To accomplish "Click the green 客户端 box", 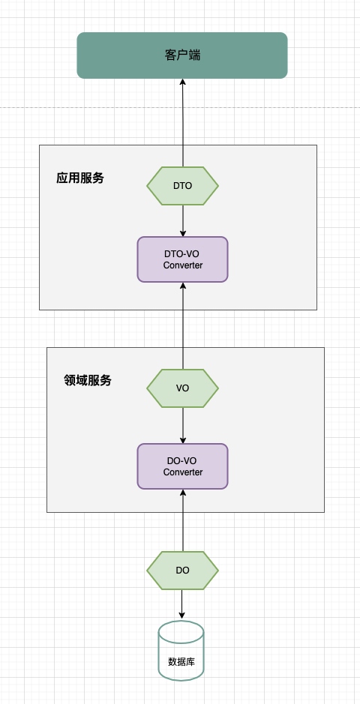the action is click(181, 55).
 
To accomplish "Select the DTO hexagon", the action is click(182, 186).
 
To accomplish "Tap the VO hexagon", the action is click(182, 388).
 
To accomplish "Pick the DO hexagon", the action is click(182, 571).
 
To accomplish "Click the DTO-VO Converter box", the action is click(183, 259).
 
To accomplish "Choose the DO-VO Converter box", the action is click(183, 466).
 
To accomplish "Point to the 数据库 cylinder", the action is click(181, 651).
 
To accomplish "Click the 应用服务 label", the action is click(80, 178).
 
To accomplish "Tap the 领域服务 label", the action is click(88, 381).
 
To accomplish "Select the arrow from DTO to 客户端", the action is click(183, 123).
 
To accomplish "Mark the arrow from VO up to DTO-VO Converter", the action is click(183, 326).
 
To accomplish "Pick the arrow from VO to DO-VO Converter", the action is click(183, 426).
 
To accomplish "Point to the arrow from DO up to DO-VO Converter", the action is click(183, 520).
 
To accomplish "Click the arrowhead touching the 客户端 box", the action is click(183, 82).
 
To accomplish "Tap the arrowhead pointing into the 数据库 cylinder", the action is click(181, 617).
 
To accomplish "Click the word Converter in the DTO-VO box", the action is click(183, 265).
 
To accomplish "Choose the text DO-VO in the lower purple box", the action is click(181, 460).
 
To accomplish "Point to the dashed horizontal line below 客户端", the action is click(180, 107).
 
